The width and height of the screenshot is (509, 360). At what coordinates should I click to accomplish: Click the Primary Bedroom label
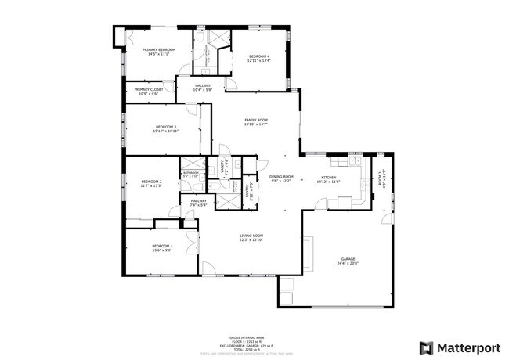(x=159, y=49)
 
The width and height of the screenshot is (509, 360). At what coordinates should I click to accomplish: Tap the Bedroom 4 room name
(x=259, y=56)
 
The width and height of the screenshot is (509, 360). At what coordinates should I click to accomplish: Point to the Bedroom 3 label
(x=165, y=127)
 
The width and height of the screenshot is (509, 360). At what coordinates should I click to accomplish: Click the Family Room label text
(x=256, y=120)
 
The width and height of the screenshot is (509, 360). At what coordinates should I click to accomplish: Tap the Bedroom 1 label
(x=162, y=247)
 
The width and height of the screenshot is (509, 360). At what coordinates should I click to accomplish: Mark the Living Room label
(x=251, y=236)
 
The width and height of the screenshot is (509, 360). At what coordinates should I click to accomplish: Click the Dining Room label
(x=281, y=177)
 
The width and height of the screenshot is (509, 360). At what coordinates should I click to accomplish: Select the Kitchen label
(x=327, y=177)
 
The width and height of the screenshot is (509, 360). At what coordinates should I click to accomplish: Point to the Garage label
(x=348, y=259)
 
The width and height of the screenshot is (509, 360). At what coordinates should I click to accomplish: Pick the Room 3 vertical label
(x=381, y=177)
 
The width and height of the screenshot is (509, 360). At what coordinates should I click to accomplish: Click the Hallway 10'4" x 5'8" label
(x=203, y=85)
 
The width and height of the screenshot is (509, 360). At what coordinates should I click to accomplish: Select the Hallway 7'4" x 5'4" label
(x=198, y=201)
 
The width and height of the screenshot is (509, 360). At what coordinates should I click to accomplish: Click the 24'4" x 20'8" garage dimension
(x=348, y=263)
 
